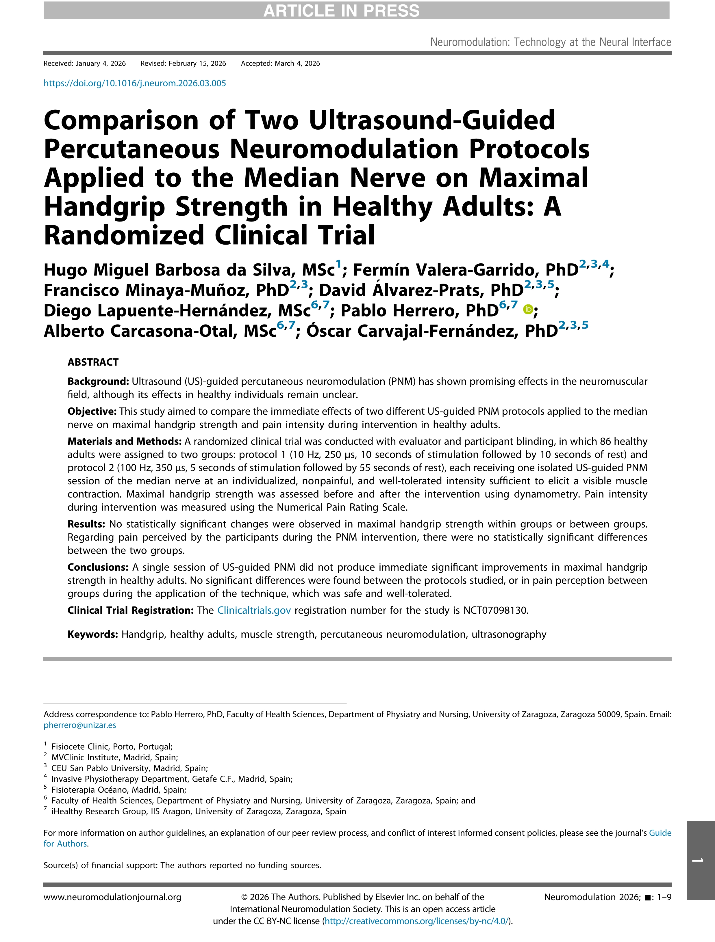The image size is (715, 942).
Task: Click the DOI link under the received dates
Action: (135, 83)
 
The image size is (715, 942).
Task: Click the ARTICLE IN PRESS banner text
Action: (341, 10)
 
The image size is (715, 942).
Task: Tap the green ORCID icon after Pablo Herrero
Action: (527, 310)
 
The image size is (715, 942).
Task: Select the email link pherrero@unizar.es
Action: (80, 725)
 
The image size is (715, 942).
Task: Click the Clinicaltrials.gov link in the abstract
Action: (254, 610)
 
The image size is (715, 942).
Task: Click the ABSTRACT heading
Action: (93, 362)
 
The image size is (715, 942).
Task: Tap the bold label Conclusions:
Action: (98, 567)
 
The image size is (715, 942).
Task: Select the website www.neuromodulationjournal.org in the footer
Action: (112, 897)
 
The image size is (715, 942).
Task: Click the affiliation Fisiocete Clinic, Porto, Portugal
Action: (112, 746)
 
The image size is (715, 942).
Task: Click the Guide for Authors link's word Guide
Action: (660, 833)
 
